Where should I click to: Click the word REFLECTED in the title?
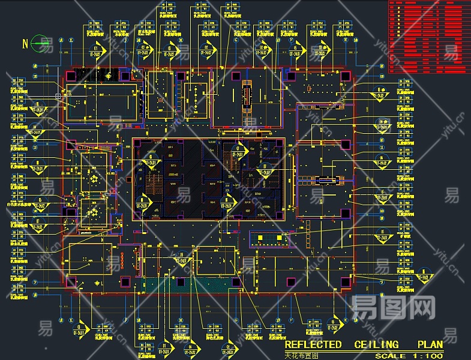[313, 344]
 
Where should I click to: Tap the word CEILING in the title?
[376, 344]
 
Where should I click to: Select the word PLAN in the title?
[430, 344]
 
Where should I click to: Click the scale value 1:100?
[428, 356]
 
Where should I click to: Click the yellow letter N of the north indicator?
[25, 43]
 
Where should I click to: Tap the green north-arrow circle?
[41, 43]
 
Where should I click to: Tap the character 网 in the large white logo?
[423, 307]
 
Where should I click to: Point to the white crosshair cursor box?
[58, 95]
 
